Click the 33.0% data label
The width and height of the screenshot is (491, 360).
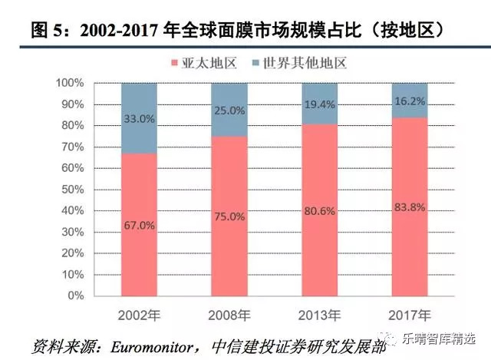pos(140,119)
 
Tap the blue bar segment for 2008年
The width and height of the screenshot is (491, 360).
pos(229,109)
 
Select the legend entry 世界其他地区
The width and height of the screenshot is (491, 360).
pos(296,62)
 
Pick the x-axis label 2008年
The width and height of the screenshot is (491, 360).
pos(229,315)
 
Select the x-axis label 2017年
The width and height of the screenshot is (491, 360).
pos(410,315)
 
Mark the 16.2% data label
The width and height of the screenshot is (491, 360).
pos(410,99)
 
